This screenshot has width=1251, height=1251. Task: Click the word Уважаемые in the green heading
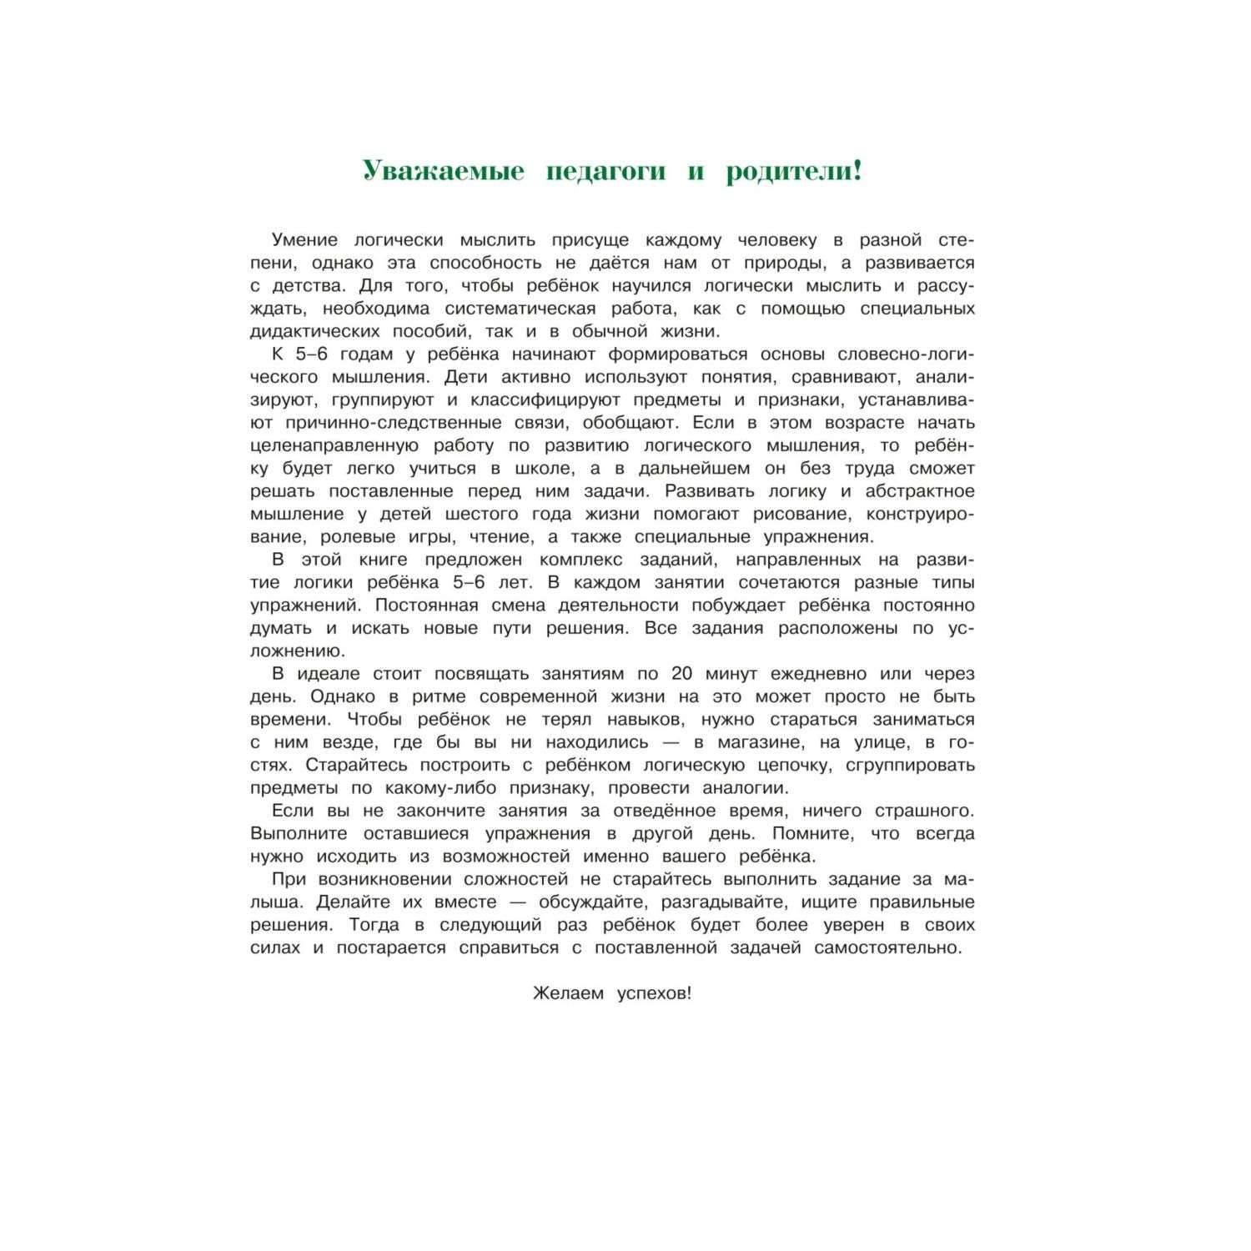point(444,172)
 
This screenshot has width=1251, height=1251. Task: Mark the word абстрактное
point(920,491)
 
